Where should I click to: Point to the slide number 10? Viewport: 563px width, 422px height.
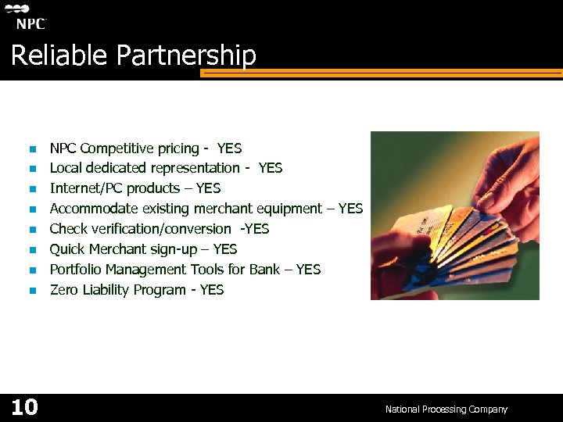(x=24, y=407)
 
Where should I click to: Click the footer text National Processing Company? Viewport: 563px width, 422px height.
(x=446, y=409)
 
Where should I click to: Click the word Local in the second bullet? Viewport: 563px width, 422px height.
(x=65, y=168)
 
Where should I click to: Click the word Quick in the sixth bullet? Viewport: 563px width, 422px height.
(x=67, y=249)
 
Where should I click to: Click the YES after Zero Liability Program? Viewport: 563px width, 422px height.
(x=212, y=290)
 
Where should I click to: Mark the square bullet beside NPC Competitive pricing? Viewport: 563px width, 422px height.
(x=33, y=149)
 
